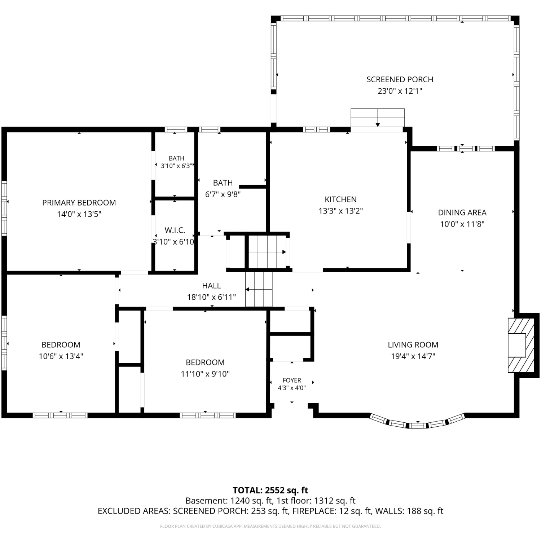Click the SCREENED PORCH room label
tap(400, 79)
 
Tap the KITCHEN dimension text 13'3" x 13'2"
tap(340, 211)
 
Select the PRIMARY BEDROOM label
tap(79, 203)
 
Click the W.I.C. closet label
tap(175, 230)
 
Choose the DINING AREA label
tap(462, 212)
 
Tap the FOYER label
tap(292, 380)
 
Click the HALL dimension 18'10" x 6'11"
tap(211, 297)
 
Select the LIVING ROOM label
tap(413, 345)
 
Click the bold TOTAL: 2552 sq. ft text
tap(270, 490)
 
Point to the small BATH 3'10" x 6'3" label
tap(176, 162)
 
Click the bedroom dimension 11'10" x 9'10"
tap(205, 374)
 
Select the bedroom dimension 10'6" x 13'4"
tap(61, 356)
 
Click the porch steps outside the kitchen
tap(378, 118)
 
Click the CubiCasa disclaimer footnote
tap(270, 527)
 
